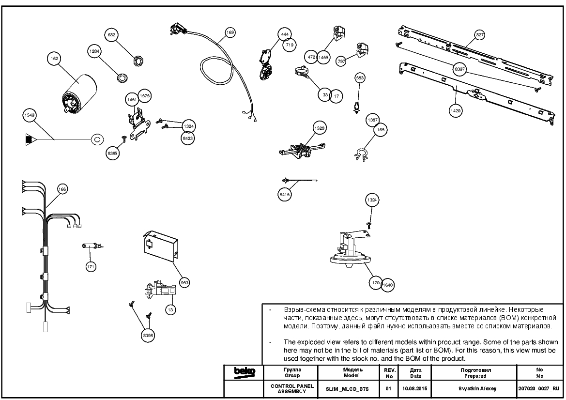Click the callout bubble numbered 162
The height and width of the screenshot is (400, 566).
[55, 59]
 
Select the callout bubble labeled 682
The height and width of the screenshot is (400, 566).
[111, 35]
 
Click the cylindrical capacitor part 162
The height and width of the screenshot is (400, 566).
[77, 94]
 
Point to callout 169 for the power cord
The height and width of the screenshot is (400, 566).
[229, 32]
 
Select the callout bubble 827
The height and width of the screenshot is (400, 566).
[479, 35]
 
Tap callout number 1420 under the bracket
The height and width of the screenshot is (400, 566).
[455, 110]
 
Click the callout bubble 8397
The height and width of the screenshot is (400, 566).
[459, 69]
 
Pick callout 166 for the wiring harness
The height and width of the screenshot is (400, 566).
[62, 189]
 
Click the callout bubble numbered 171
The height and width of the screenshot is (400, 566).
[91, 267]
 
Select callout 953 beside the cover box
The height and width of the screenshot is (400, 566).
[184, 283]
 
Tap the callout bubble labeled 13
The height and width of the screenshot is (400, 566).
[170, 310]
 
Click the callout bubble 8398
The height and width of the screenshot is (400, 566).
[148, 336]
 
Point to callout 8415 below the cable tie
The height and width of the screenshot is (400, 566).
[284, 195]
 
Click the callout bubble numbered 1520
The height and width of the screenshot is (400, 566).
[320, 128]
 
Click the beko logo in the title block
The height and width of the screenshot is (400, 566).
[245, 372]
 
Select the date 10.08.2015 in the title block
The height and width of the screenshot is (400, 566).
[415, 389]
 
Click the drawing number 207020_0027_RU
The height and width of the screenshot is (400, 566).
[538, 389]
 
